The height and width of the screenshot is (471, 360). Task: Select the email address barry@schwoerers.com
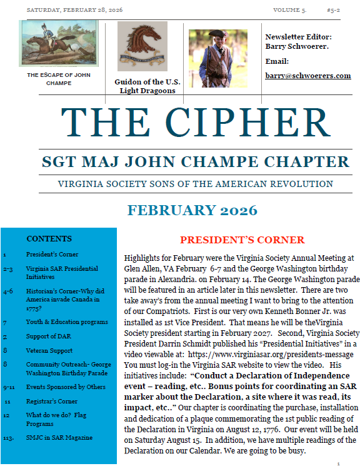[307, 76]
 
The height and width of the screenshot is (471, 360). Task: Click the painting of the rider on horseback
[58, 43]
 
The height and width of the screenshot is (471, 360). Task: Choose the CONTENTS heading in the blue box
[49, 239]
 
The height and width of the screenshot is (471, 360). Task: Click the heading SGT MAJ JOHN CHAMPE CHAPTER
[196, 162]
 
